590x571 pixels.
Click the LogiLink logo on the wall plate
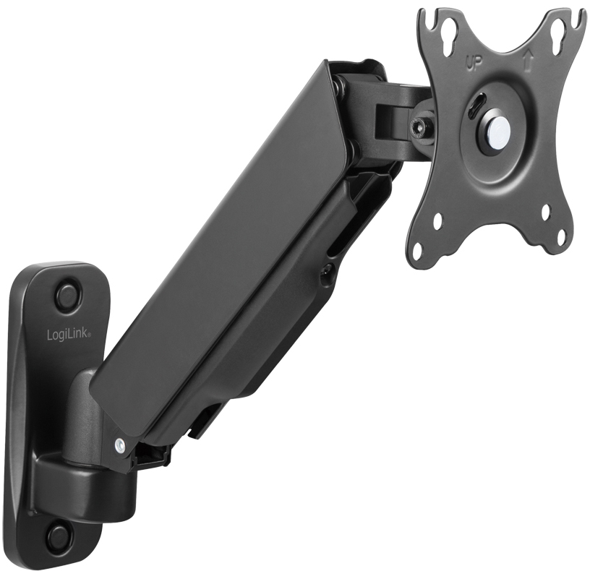(x=69, y=335)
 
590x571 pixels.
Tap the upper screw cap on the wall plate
(x=68, y=291)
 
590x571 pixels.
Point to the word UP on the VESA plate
(x=474, y=64)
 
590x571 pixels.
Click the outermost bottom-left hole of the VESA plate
(x=418, y=249)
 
